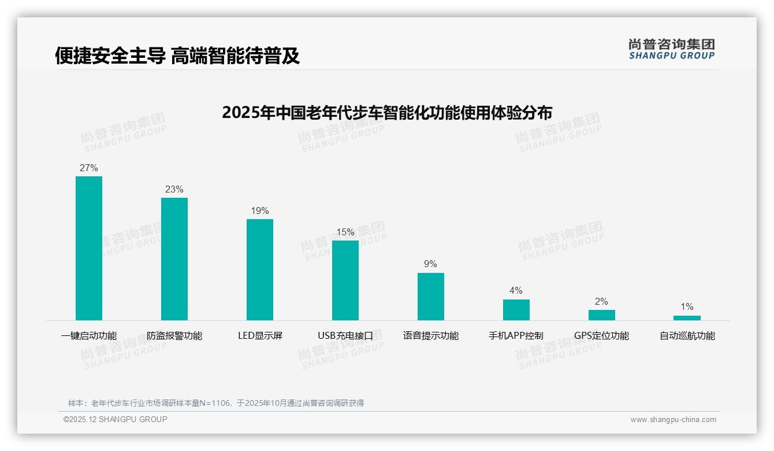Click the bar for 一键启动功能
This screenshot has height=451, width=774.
89,248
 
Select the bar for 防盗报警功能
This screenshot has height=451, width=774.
174,259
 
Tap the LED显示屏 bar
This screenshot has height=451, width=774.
260,269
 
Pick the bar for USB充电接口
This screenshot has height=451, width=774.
345,280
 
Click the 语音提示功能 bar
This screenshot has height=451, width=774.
431,297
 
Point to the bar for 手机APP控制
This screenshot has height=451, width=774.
516,310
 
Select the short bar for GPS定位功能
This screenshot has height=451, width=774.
601,315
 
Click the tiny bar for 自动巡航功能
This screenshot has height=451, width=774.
687,318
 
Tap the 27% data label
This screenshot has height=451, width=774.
89,168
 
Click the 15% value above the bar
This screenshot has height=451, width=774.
345,232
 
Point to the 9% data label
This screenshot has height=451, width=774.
431,264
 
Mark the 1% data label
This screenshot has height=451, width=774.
687,307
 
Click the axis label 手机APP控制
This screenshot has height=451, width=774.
516,336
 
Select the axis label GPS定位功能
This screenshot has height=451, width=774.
601,336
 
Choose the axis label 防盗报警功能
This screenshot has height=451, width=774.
174,336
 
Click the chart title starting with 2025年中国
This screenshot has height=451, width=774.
387,112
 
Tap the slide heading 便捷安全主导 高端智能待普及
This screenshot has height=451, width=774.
177,56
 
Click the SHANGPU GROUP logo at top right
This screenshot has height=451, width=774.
671,49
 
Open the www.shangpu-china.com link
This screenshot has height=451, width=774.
673,420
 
